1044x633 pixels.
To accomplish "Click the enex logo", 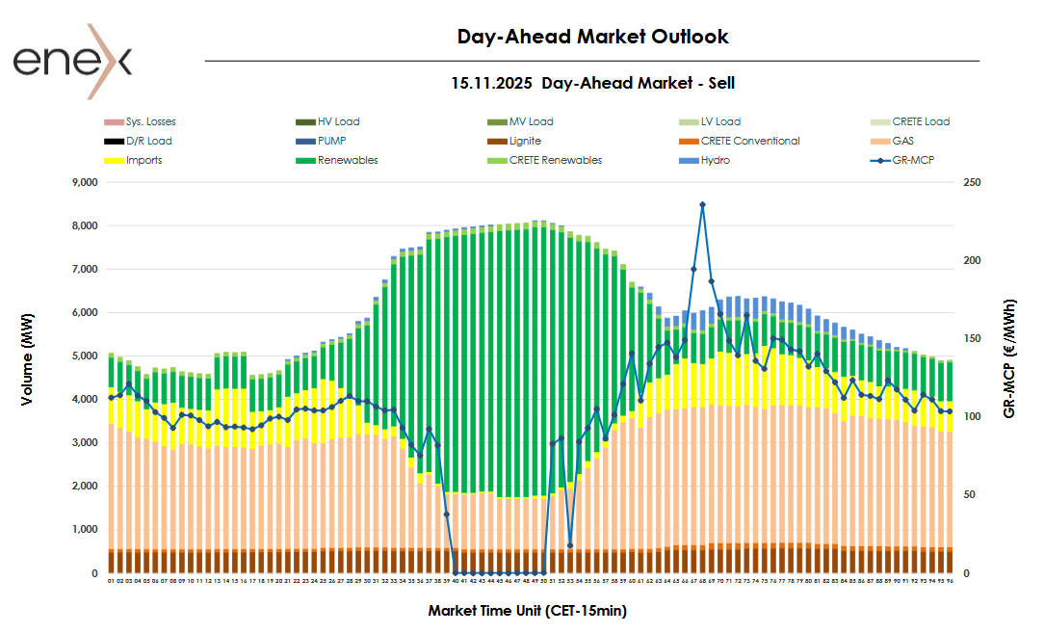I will point(72,60).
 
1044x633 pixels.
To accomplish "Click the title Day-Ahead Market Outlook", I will point(592,37).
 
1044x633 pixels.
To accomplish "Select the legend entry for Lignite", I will point(525,141).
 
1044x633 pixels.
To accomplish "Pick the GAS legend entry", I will point(902,141).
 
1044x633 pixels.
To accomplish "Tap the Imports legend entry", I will point(144,160).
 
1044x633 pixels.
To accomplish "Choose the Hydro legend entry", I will point(715,160).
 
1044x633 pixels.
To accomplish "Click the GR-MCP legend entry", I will point(914,160).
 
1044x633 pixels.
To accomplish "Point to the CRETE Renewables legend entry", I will point(556,160).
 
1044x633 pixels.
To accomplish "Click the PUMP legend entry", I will point(331,141).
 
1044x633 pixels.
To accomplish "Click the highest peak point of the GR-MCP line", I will point(702,204).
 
